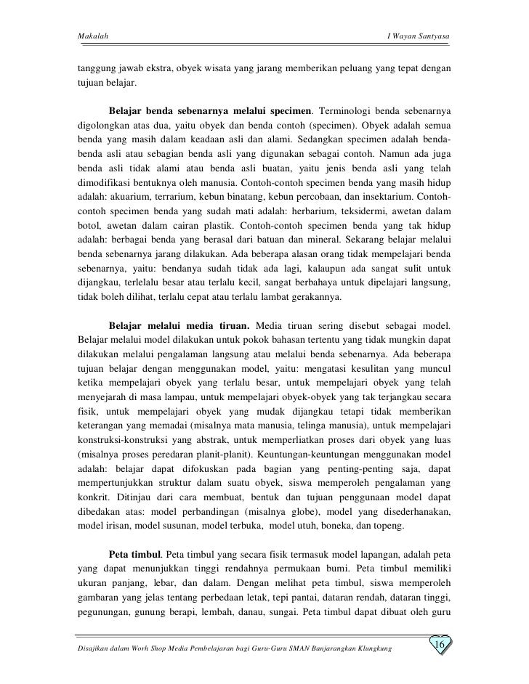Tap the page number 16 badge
tap(440, 646)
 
